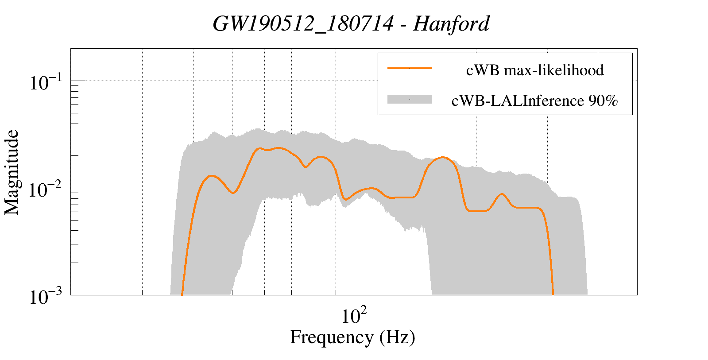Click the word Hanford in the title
451,24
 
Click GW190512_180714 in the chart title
303,24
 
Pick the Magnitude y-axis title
12,172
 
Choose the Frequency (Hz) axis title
352,337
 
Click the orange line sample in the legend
410,68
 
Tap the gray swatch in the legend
410,100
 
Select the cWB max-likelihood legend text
535,70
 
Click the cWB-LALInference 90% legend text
534,101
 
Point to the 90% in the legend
603,101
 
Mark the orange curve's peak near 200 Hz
442,157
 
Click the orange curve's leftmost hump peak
213,176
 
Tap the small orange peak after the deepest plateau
502,194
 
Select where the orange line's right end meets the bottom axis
553,294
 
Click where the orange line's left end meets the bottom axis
182,294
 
